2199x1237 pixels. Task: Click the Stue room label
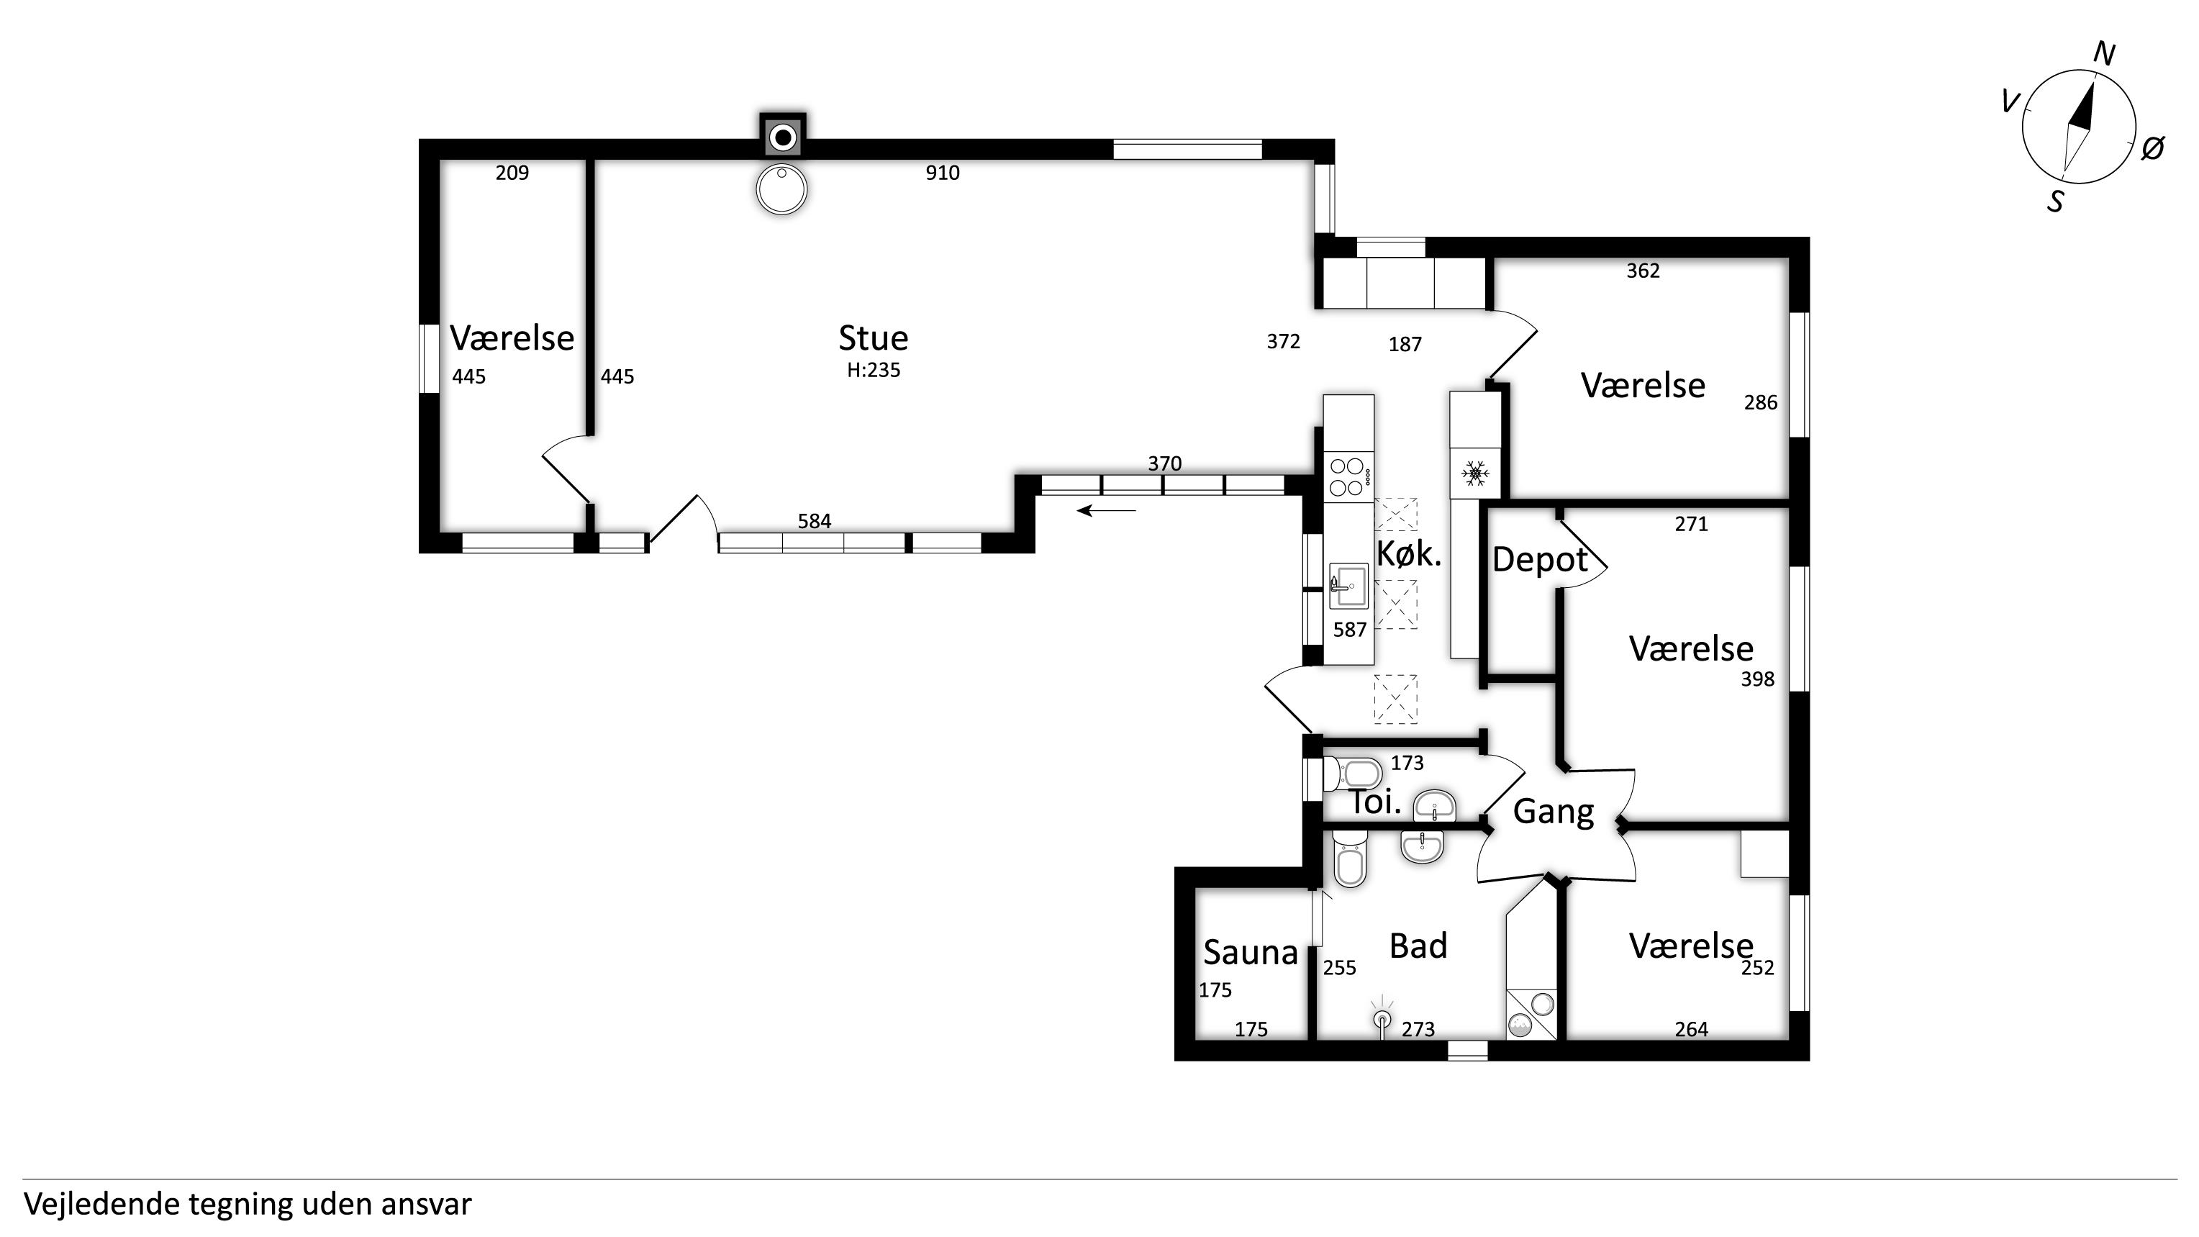point(874,338)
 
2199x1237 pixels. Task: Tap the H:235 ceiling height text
point(874,370)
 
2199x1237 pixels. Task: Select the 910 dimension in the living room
point(943,173)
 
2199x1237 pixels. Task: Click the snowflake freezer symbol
point(1474,473)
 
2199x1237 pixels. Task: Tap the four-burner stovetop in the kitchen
point(1348,477)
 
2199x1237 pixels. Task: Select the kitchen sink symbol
point(1348,586)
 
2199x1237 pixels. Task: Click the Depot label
point(1540,560)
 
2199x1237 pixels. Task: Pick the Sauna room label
point(1251,952)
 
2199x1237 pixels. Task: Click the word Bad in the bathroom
point(1418,946)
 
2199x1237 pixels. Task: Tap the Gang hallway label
point(1554,812)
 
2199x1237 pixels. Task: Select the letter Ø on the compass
point(2153,148)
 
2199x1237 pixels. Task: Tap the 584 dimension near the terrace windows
point(815,521)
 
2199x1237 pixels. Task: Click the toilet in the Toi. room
point(1352,774)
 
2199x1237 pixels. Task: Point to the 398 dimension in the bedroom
point(1758,679)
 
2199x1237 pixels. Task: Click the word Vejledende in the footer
point(101,1205)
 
